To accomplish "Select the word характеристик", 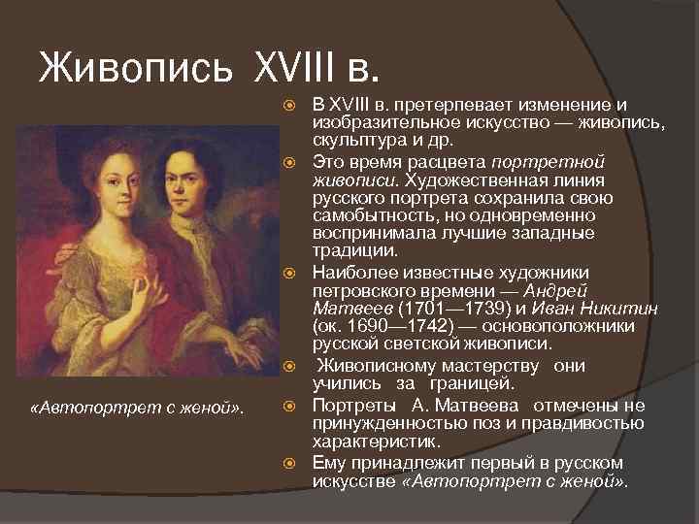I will pos(369,441).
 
